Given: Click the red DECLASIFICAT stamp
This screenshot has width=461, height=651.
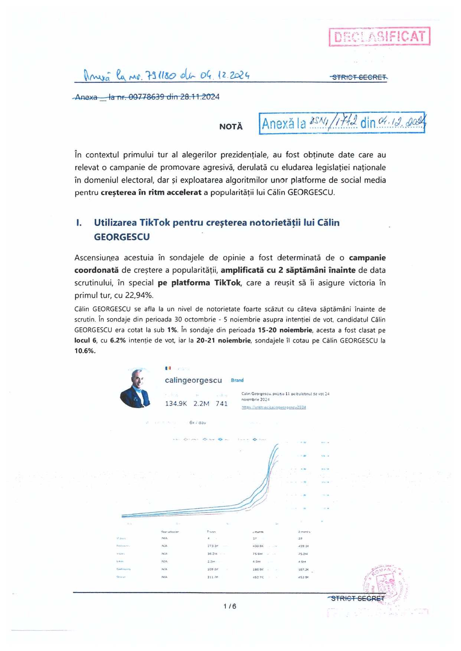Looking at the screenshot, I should (379, 36).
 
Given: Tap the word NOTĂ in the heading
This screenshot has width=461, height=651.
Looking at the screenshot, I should (231, 126).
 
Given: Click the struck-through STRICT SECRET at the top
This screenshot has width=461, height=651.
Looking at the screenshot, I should (359, 77).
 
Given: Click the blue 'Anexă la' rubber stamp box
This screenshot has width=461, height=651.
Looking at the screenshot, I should (342, 123).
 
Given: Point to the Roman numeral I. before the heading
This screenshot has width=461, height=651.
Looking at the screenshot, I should (79, 223).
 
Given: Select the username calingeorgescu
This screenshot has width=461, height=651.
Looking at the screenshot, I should (193, 380).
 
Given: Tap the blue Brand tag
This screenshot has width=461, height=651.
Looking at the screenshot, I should (237, 380).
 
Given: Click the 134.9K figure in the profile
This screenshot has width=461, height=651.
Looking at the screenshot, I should (176, 404).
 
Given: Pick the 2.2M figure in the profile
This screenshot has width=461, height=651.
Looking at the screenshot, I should (201, 404).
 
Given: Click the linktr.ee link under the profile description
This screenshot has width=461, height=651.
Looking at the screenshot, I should (274, 407).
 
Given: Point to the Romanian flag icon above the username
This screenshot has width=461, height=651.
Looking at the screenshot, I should (168, 368).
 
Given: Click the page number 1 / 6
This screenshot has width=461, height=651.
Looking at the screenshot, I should (230, 606).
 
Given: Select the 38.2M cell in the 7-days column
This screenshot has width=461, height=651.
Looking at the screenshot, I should (212, 554).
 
